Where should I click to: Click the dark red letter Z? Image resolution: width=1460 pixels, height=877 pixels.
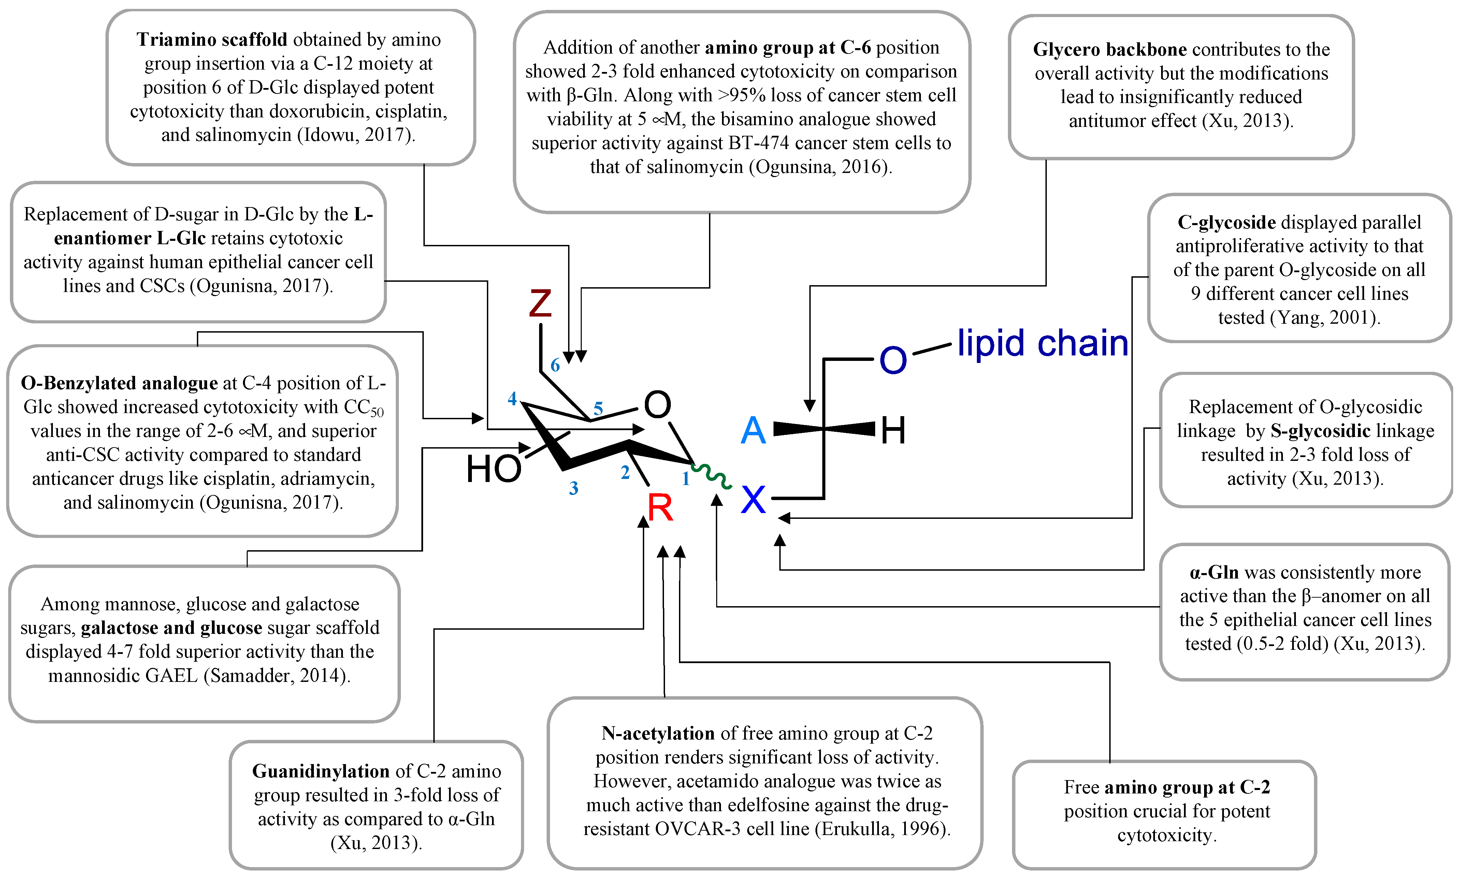540,303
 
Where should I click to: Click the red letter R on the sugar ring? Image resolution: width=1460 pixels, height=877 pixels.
660,508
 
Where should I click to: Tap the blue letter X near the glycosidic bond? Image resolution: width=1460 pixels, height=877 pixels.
753,500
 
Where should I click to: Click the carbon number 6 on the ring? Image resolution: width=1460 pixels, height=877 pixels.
555,365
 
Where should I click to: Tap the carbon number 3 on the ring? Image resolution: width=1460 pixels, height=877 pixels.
573,488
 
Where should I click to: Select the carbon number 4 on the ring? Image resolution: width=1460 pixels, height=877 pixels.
512,399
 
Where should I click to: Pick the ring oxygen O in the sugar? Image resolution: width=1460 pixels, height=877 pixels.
657,405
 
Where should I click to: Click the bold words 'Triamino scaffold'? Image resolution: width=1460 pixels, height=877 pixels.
212,40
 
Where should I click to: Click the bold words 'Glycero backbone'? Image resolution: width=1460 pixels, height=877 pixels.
1110,50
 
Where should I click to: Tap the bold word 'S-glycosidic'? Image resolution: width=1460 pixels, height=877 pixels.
1320,431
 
